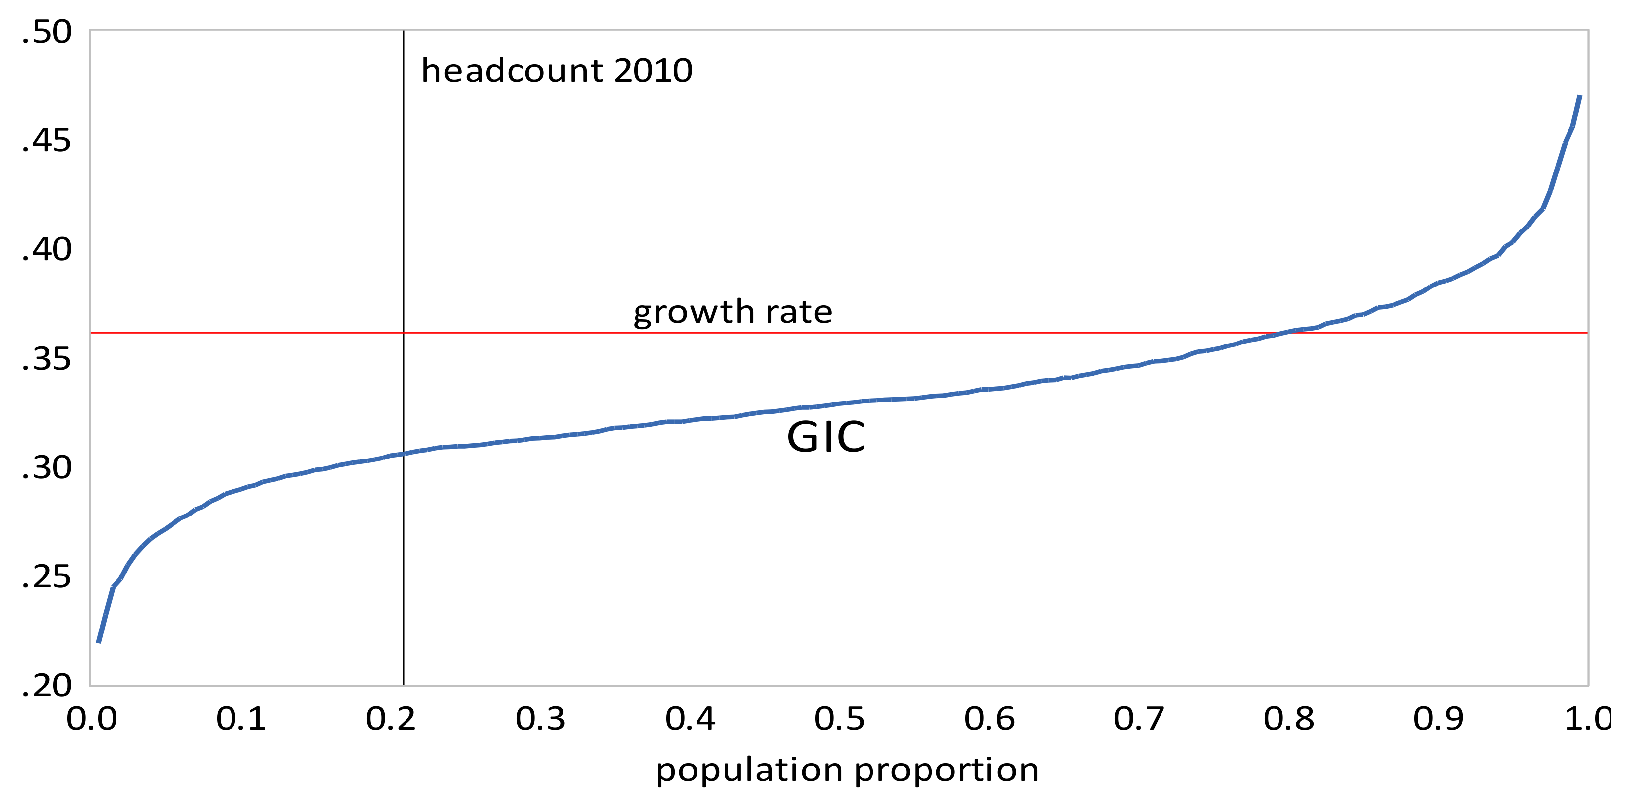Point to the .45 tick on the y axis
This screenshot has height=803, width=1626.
tap(47, 141)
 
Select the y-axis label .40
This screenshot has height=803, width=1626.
tap(47, 250)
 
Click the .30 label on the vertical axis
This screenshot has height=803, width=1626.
tap(47, 468)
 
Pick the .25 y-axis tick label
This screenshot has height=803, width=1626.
tap(47, 576)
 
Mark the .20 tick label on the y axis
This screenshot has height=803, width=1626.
tap(47, 686)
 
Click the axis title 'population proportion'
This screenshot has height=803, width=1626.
tap(847, 770)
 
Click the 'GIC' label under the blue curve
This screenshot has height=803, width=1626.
tap(825, 437)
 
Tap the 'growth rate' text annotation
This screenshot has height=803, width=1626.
tap(733, 312)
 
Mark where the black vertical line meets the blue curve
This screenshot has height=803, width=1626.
tap(404, 453)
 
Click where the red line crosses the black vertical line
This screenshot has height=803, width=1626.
tap(404, 332)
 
